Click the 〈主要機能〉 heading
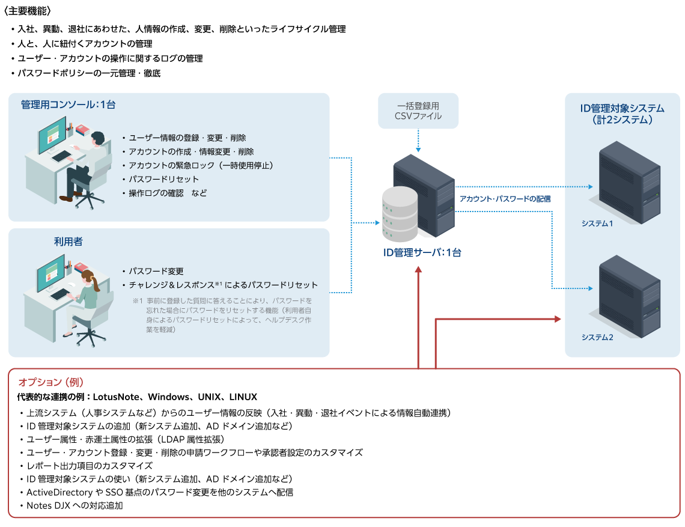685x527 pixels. [x=28, y=11]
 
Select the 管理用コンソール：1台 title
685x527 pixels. [x=68, y=104]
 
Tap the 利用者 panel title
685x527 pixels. [x=68, y=242]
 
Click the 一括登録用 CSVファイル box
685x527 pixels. [x=418, y=111]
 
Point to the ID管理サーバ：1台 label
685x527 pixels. [x=422, y=253]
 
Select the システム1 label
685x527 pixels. [x=597, y=224]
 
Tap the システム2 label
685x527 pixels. [x=597, y=337]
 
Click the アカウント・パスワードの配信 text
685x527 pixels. [x=505, y=198]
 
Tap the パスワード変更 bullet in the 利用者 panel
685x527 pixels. [x=156, y=271]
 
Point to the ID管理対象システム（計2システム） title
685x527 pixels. [x=622, y=114]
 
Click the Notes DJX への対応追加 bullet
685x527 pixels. [x=75, y=505]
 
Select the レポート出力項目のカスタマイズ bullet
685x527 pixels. [x=90, y=466]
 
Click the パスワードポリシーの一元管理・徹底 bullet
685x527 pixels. [x=89, y=73]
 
